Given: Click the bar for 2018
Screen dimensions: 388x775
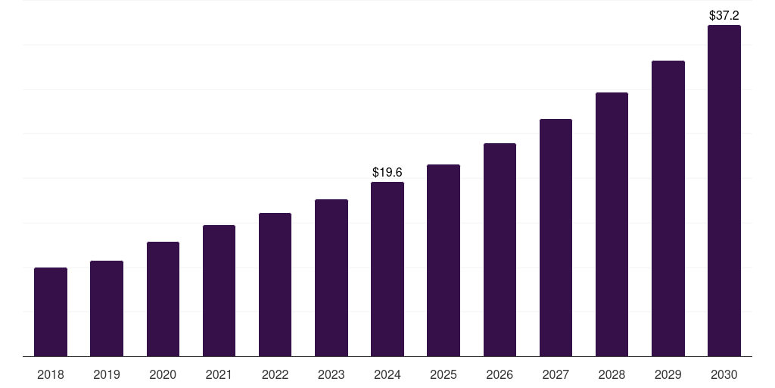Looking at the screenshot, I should [51, 311].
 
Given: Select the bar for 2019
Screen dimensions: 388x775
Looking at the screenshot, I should [107, 308].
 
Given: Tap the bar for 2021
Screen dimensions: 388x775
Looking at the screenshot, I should [219, 290].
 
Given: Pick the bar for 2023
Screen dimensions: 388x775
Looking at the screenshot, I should [331, 277].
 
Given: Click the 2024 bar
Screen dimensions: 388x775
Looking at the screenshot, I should [387, 269].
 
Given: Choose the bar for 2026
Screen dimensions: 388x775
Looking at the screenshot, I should [500, 249].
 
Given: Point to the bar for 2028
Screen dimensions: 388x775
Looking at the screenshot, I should [612, 224].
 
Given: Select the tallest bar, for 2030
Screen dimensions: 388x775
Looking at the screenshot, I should [724, 190].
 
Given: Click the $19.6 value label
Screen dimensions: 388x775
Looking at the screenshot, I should [387, 173].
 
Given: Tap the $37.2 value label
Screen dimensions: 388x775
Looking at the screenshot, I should [724, 15].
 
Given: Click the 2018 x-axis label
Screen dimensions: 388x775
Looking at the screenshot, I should [51, 374].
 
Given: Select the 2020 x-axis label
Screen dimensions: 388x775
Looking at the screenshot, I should [163, 374].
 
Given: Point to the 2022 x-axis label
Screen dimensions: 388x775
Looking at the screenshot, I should [275, 374].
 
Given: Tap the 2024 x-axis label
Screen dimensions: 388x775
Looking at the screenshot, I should [387, 374].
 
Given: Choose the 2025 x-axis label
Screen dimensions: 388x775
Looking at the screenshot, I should [444, 374].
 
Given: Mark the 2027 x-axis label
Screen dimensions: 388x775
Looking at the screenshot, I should [556, 374].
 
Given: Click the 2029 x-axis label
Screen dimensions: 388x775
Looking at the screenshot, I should [668, 374].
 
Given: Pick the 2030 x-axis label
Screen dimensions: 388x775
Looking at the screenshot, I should [724, 374].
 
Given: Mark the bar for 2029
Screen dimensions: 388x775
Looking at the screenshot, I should [668, 208].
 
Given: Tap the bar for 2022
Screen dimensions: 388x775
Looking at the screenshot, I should [275, 284].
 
